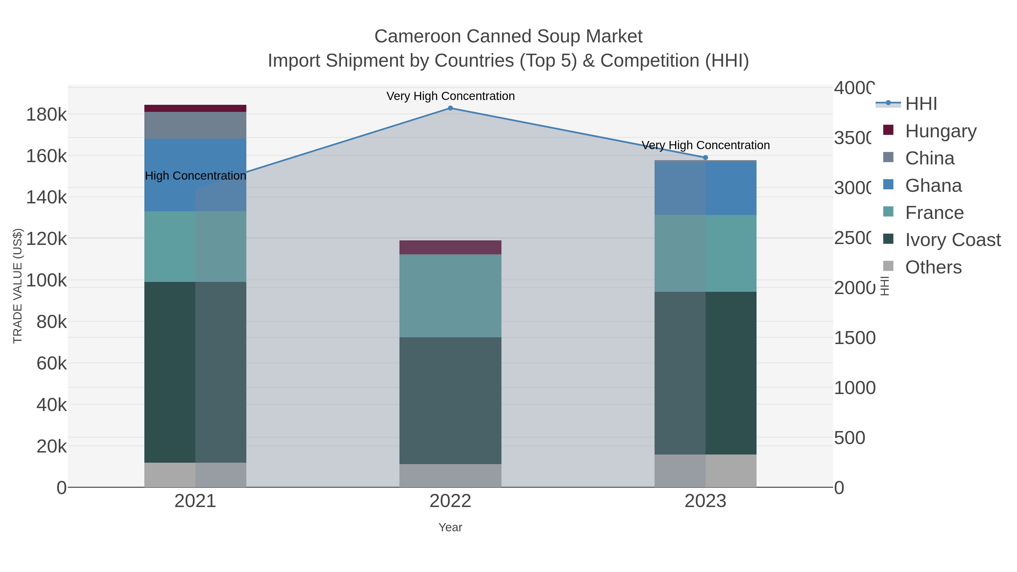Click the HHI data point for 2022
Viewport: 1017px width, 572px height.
pyautogui.click(x=450, y=108)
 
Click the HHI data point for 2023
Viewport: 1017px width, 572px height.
pyautogui.click(x=705, y=158)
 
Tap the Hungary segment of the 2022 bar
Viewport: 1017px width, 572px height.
pyautogui.click(x=450, y=247)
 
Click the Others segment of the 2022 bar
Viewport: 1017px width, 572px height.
pyautogui.click(x=450, y=475)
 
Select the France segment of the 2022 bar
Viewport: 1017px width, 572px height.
pyautogui.click(x=450, y=296)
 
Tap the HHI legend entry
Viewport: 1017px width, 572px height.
pyautogui.click(x=921, y=104)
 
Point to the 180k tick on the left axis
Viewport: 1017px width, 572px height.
pyautogui.click(x=47, y=115)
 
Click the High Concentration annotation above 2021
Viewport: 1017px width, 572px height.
pyautogui.click(x=195, y=176)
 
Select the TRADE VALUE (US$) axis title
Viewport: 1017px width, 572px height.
pyautogui.click(x=17, y=286)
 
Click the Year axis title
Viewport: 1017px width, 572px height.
pyautogui.click(x=450, y=527)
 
